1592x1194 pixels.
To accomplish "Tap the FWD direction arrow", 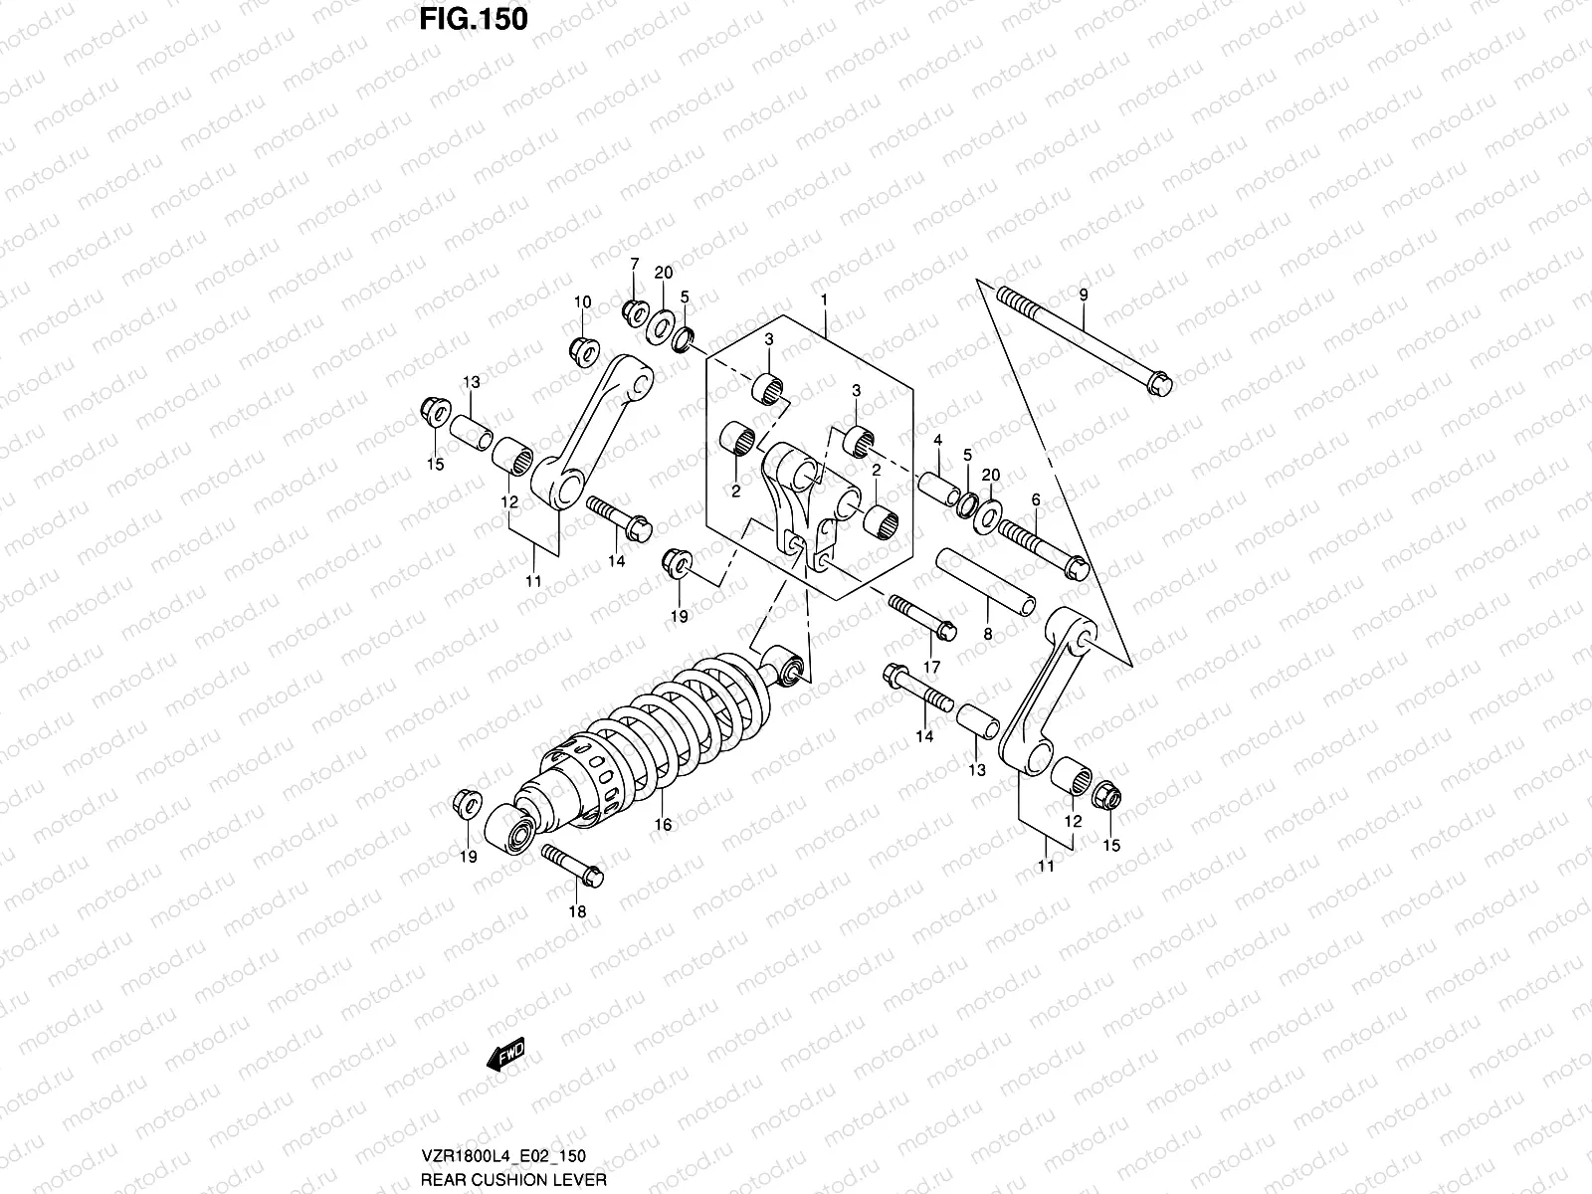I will click(x=504, y=1057).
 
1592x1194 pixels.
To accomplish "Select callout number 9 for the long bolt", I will click(x=1084, y=295).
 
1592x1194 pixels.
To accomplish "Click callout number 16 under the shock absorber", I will click(x=663, y=824).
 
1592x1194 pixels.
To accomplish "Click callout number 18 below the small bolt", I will click(x=577, y=911).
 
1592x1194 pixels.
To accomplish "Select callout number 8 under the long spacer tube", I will click(x=987, y=632).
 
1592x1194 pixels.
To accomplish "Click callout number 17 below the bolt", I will click(x=932, y=666).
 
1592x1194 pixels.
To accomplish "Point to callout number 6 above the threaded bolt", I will click(x=1035, y=499).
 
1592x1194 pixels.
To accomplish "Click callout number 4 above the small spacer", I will click(x=937, y=440).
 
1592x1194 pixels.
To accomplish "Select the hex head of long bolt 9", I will click(x=1159, y=382).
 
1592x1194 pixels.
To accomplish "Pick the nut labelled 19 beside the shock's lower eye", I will click(x=465, y=802).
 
